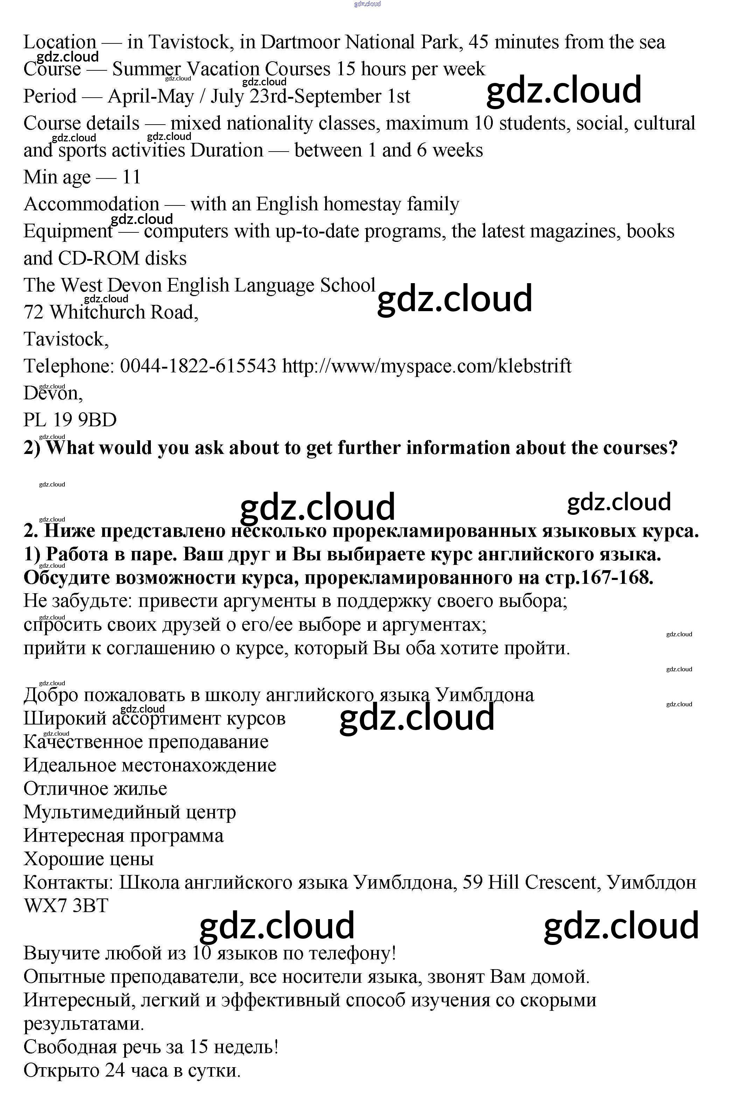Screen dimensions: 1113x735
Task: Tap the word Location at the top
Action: pyautogui.click(x=60, y=43)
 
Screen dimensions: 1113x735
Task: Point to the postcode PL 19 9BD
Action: pyautogui.click(x=70, y=420)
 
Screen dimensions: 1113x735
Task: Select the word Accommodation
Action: pyautogui.click(x=91, y=204)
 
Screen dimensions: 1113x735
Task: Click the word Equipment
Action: pyautogui.click(x=68, y=231)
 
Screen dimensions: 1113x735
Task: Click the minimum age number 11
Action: pyautogui.click(x=131, y=177)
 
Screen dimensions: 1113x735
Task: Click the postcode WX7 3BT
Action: pyautogui.click(x=66, y=905)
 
